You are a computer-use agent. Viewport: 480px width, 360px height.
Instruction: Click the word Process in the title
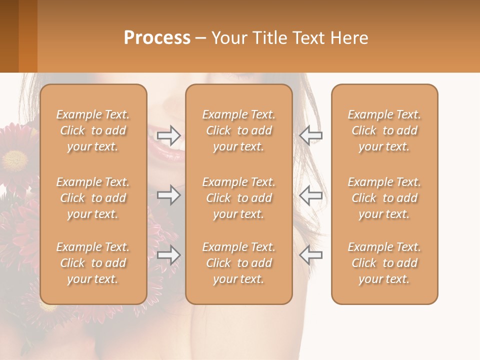click(157, 38)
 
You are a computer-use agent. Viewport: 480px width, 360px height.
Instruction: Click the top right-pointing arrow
click(168, 135)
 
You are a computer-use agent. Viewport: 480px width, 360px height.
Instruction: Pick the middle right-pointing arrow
click(168, 195)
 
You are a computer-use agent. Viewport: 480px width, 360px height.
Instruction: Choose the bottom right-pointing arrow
click(168, 255)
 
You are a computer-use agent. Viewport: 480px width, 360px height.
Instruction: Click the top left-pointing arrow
click(310, 135)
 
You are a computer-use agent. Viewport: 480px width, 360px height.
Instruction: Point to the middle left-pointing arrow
click(310, 195)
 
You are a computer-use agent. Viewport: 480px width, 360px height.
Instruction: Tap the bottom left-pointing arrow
click(310, 255)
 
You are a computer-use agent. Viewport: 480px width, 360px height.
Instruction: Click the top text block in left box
click(93, 130)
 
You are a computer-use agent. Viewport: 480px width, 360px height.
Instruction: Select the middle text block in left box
click(93, 198)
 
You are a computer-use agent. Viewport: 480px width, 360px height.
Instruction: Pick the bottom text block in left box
click(93, 263)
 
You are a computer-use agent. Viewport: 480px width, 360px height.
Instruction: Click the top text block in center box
click(239, 130)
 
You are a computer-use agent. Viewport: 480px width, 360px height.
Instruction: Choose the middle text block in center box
click(239, 198)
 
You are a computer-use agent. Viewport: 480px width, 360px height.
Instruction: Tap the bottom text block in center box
click(239, 263)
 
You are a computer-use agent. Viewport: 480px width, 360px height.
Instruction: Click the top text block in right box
click(384, 130)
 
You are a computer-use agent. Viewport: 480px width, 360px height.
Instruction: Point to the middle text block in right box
click(384, 198)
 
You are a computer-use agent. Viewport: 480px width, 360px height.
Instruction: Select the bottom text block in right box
click(384, 263)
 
